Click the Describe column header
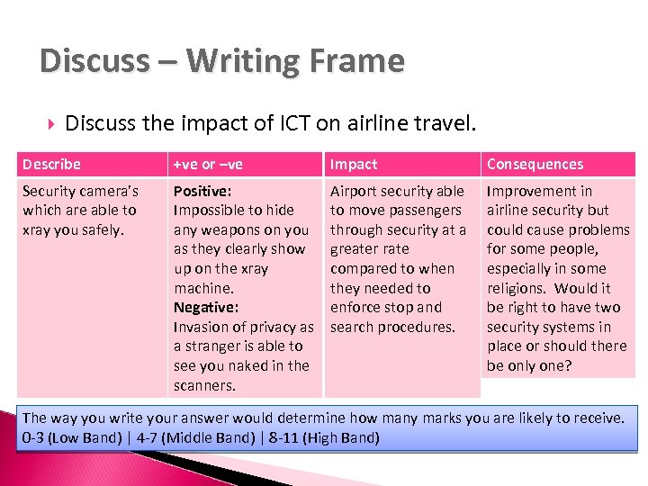point(51,164)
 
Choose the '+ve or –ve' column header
point(208,164)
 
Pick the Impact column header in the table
point(354,164)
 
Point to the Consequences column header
point(535,164)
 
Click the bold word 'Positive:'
point(202,191)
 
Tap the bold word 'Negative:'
point(206,308)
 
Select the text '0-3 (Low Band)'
point(72,438)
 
